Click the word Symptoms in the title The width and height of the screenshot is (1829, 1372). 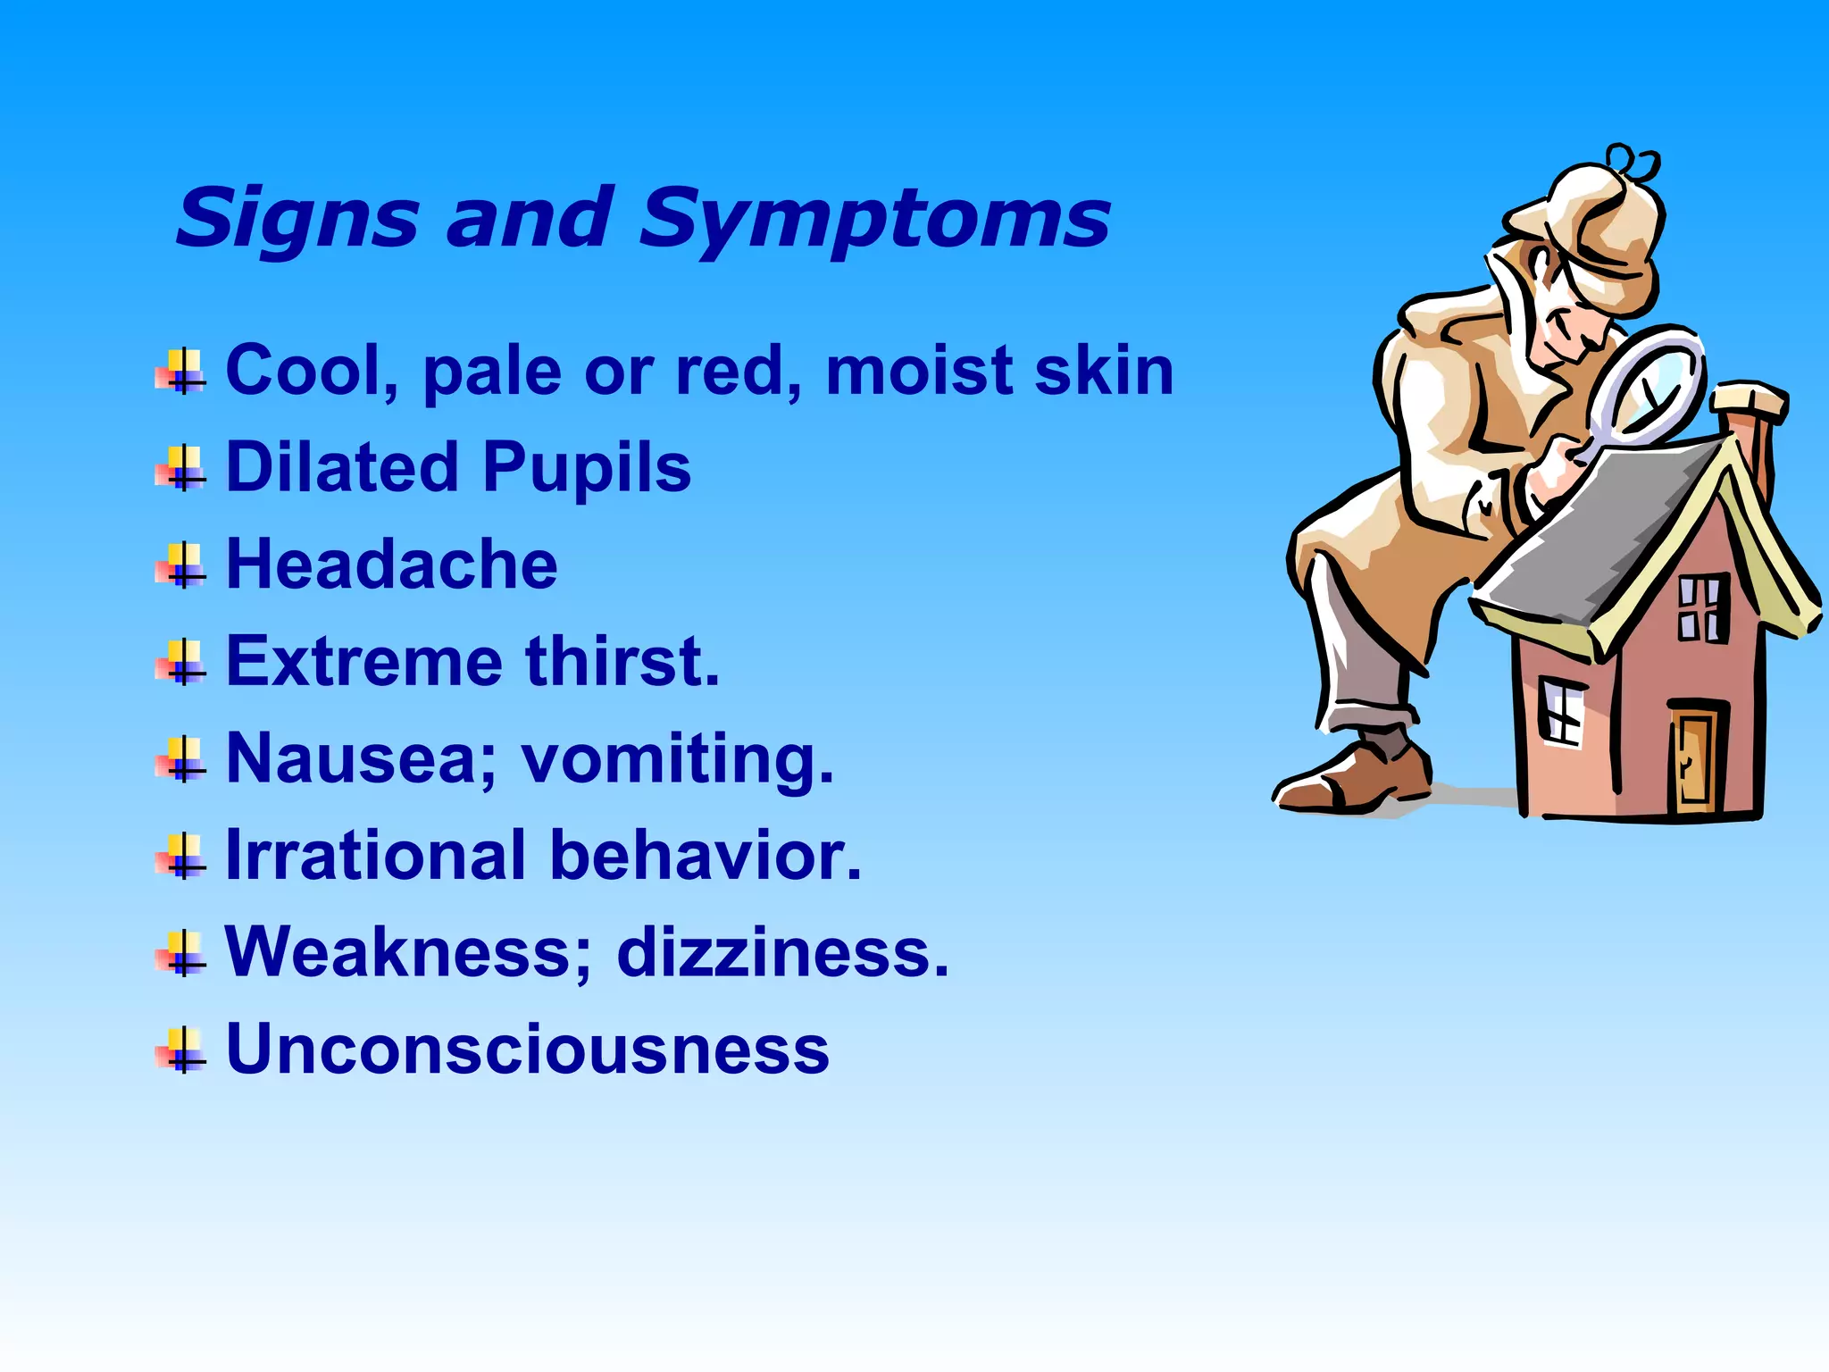click(875, 219)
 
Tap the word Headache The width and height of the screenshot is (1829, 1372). click(392, 565)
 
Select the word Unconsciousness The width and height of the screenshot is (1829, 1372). click(528, 1049)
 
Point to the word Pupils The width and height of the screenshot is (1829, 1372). click(588, 467)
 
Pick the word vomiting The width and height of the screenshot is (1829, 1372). click(678, 759)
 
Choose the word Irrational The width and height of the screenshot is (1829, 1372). click(376, 856)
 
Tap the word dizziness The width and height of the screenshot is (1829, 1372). click(782, 952)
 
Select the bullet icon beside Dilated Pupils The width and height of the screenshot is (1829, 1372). click(181, 468)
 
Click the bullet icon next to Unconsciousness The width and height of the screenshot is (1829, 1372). click(181, 1050)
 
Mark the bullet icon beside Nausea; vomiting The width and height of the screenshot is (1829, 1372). click(181, 759)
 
